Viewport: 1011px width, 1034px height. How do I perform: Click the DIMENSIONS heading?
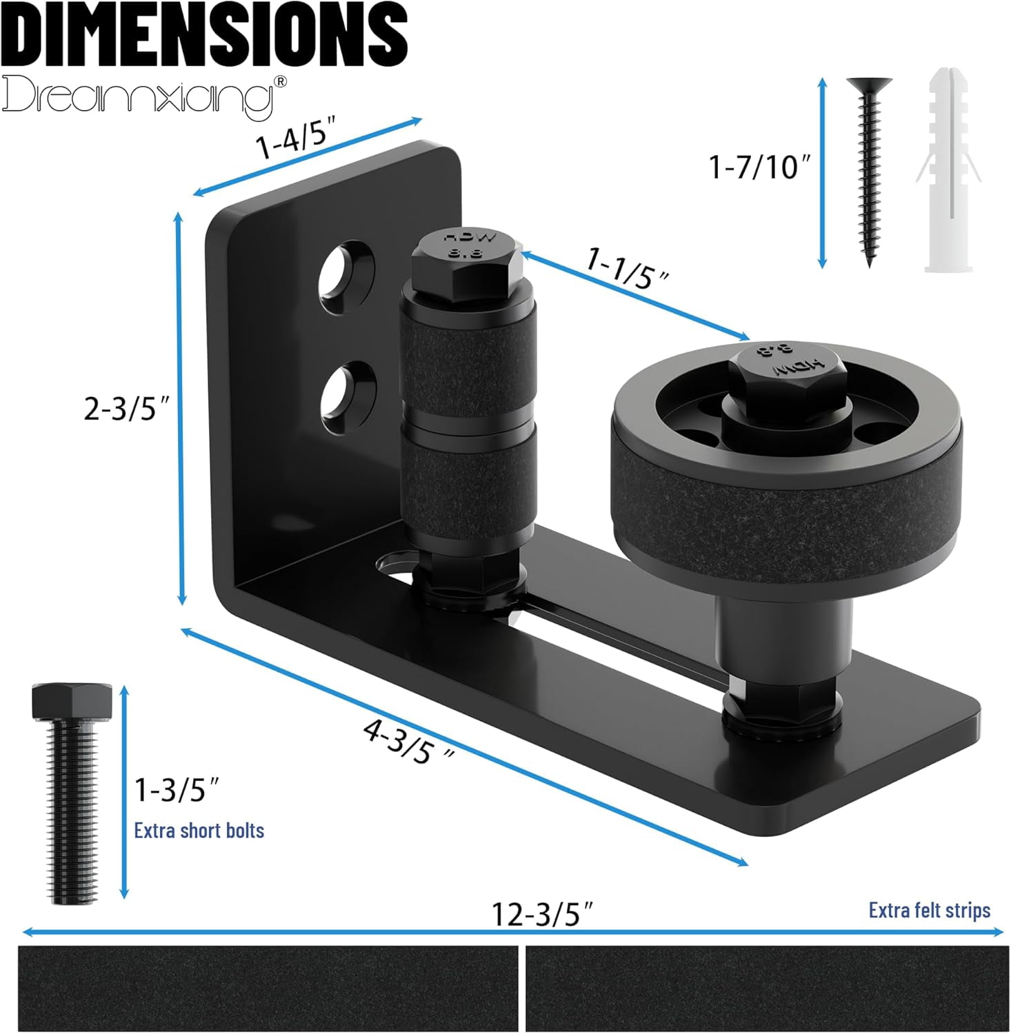[x=205, y=34]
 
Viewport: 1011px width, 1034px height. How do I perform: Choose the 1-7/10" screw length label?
[x=759, y=167]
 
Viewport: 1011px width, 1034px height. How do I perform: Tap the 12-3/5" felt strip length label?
[x=541, y=914]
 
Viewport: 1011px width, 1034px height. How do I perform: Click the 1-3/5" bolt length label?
[x=177, y=790]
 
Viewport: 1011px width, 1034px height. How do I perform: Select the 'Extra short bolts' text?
[x=199, y=830]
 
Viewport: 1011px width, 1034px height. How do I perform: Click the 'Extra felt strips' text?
[x=929, y=910]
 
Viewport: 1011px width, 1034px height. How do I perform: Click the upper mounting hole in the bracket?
[x=346, y=276]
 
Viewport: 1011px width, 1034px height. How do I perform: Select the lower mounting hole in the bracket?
[x=348, y=392]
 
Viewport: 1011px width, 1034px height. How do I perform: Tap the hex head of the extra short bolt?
[x=71, y=701]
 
